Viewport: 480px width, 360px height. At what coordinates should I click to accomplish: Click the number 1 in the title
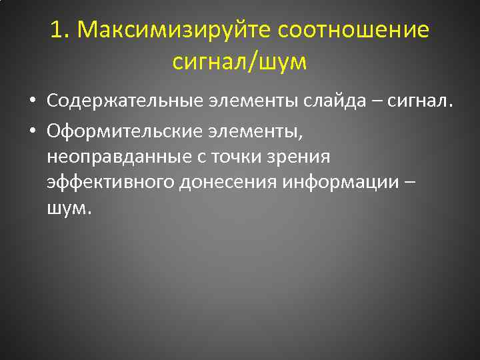point(56,30)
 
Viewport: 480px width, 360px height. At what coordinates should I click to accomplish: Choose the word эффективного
point(111,183)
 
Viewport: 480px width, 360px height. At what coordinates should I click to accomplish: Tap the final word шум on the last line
point(67,209)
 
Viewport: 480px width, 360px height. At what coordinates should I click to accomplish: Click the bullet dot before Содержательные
point(33,101)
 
